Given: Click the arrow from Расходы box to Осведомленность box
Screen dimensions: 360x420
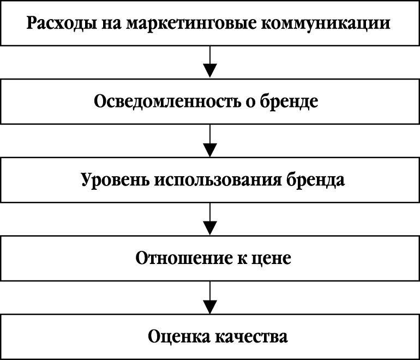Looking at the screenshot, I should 210,63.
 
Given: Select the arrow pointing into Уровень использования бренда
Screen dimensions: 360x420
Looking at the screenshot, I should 210,141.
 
